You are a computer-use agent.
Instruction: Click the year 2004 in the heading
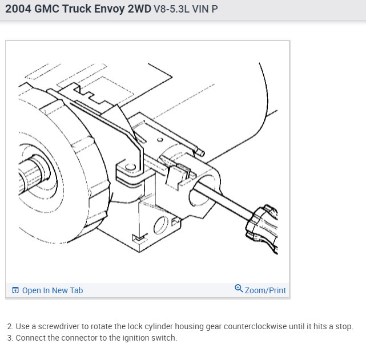(18, 9)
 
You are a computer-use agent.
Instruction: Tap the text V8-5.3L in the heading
(171, 9)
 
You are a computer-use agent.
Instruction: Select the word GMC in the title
(47, 9)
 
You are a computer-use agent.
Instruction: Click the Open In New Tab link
(53, 290)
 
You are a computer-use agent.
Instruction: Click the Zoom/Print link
(266, 290)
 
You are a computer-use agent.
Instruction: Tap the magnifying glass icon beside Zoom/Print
(239, 288)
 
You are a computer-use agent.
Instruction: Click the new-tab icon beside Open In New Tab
(15, 290)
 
